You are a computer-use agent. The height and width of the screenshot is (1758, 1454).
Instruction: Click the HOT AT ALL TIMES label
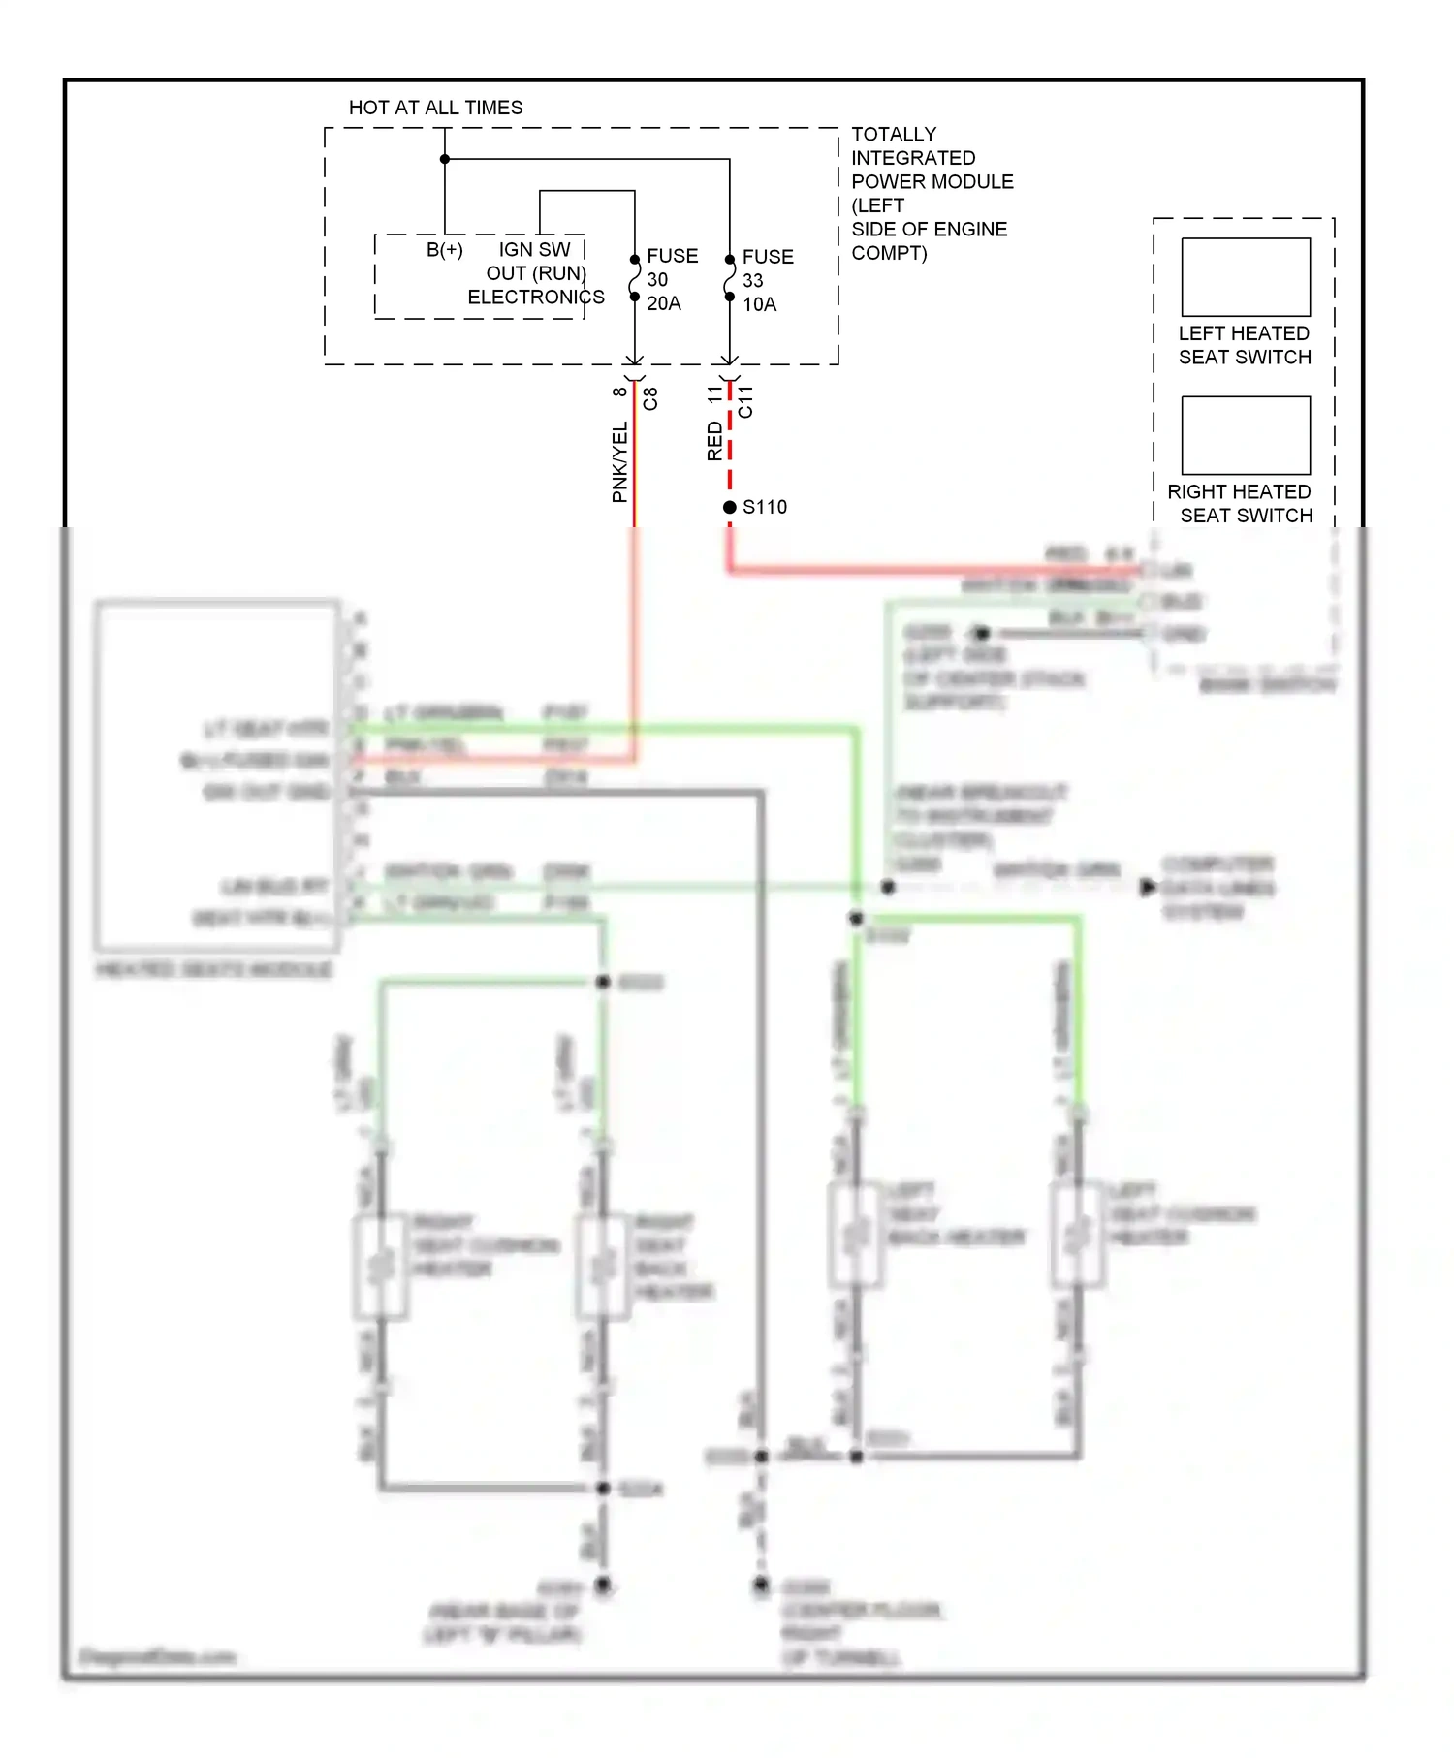tap(435, 108)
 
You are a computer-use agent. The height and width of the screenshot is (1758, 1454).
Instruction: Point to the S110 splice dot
tap(730, 507)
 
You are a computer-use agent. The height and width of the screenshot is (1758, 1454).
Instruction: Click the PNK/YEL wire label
tap(619, 462)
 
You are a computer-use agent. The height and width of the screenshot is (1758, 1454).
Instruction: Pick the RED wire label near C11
tap(715, 441)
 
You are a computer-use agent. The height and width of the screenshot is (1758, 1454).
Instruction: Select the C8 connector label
tap(650, 398)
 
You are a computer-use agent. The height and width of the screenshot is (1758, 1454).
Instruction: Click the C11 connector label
tap(745, 401)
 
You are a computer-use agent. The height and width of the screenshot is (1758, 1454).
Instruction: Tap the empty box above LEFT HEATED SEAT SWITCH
tap(1246, 277)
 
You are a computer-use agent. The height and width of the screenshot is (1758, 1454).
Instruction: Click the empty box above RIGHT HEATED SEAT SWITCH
tap(1246, 435)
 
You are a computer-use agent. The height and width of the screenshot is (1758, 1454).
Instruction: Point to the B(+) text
tap(445, 250)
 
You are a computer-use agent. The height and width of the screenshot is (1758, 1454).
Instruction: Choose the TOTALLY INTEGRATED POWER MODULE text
tap(931, 193)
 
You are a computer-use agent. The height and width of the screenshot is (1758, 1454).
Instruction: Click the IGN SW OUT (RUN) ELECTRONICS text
tap(535, 273)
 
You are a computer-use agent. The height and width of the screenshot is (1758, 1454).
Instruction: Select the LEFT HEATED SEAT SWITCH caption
tap(1245, 345)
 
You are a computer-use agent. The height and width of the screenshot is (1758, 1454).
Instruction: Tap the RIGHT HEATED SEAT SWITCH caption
tap(1241, 504)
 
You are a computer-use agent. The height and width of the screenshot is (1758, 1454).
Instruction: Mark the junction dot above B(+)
tap(445, 159)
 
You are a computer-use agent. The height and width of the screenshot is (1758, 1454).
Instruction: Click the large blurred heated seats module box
tap(217, 775)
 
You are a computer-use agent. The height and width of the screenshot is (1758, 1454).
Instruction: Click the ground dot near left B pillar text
tap(603, 1585)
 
